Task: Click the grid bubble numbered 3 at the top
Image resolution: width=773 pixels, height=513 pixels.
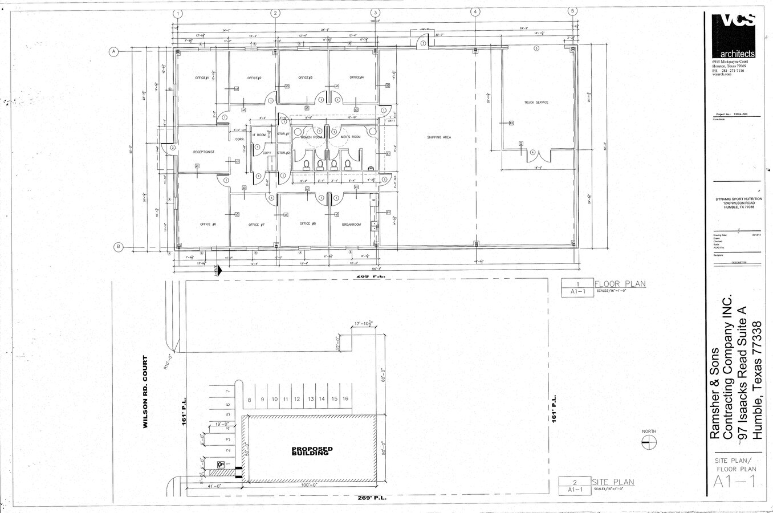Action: tap(375, 13)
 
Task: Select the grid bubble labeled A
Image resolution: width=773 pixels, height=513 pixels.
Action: tap(113, 52)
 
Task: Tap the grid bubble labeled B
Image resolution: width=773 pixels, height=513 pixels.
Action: tap(119, 246)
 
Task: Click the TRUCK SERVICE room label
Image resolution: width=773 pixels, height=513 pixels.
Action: tap(536, 103)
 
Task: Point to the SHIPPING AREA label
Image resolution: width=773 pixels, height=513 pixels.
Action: tap(439, 137)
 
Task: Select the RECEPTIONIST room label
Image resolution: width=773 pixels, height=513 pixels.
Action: tap(204, 152)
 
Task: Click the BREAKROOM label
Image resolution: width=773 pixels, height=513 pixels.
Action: tap(351, 225)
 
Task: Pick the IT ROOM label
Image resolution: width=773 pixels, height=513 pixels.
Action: tap(259, 135)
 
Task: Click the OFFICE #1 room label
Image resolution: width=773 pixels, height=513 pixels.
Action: tap(202, 78)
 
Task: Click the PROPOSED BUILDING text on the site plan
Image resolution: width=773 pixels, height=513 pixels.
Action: tap(311, 451)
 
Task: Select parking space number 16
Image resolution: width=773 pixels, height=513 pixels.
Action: tap(345, 399)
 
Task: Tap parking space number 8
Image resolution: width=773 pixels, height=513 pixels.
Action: tap(249, 400)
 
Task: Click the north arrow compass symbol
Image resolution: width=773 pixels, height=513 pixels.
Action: tap(649, 442)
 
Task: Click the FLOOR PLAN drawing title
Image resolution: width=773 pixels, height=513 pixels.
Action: tap(620, 284)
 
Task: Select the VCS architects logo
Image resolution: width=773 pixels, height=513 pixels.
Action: tap(734, 34)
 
